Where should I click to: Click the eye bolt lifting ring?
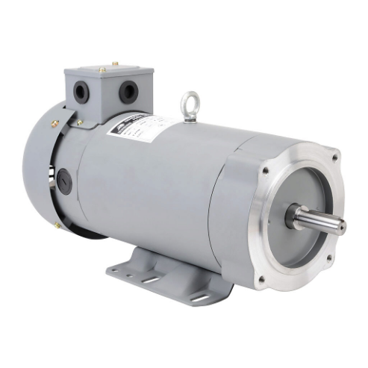(x=190, y=100)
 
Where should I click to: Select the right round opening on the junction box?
(x=128, y=92)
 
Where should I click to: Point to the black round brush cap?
(x=65, y=181)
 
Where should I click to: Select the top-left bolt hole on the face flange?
(x=266, y=170)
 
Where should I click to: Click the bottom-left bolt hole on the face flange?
(x=261, y=281)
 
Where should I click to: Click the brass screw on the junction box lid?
(x=114, y=64)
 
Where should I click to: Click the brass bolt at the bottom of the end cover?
(x=57, y=225)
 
